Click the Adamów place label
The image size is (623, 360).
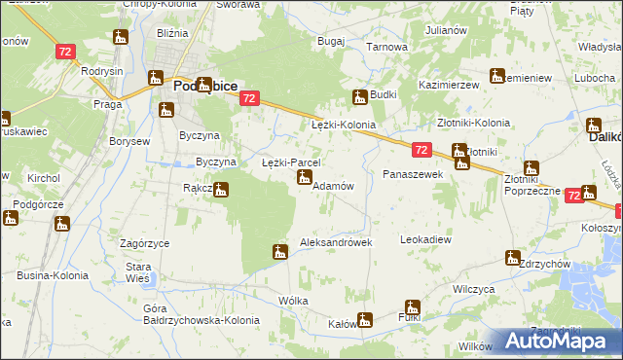coord(331,186)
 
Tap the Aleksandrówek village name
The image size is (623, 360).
coord(336,242)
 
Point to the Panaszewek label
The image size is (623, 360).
coord(413,173)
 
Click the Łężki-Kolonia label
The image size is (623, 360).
coord(343,126)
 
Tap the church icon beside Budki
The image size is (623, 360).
coord(359,96)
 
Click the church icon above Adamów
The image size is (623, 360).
coord(305,177)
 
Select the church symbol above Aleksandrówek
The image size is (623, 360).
coord(280,253)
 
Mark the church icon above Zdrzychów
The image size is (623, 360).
coord(512,258)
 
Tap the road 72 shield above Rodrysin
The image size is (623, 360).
coord(65,51)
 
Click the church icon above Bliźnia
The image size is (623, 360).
coord(121,38)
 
